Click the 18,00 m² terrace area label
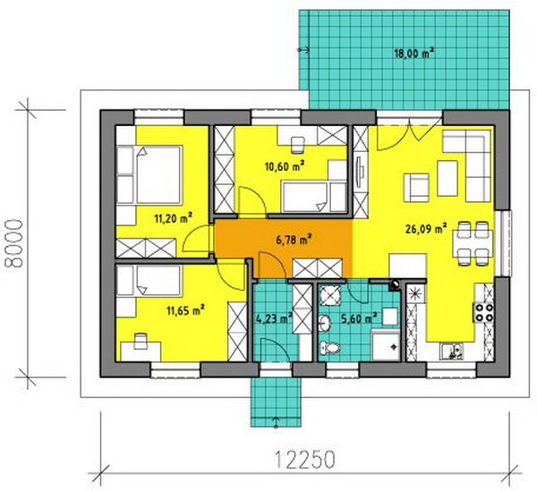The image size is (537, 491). [414, 54]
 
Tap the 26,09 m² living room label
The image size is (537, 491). [426, 228]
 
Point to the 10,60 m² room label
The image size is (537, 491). [285, 166]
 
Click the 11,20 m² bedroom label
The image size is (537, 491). [173, 218]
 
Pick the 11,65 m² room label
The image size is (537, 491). [185, 310]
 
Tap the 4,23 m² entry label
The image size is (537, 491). [274, 318]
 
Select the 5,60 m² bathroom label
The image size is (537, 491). [359, 318]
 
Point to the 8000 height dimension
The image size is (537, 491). [14, 243]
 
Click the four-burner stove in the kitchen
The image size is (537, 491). [483, 313]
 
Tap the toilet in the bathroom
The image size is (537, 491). [329, 349]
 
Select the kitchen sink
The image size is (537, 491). [451, 351]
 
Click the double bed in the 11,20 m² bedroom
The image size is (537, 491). [149, 175]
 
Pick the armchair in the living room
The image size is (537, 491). [416, 188]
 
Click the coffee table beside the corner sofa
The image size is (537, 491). [447, 178]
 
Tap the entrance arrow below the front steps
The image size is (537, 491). [276, 422]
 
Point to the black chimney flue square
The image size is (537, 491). [395, 285]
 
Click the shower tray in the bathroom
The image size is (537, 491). [386, 345]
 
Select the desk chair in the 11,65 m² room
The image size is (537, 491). [141, 342]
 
